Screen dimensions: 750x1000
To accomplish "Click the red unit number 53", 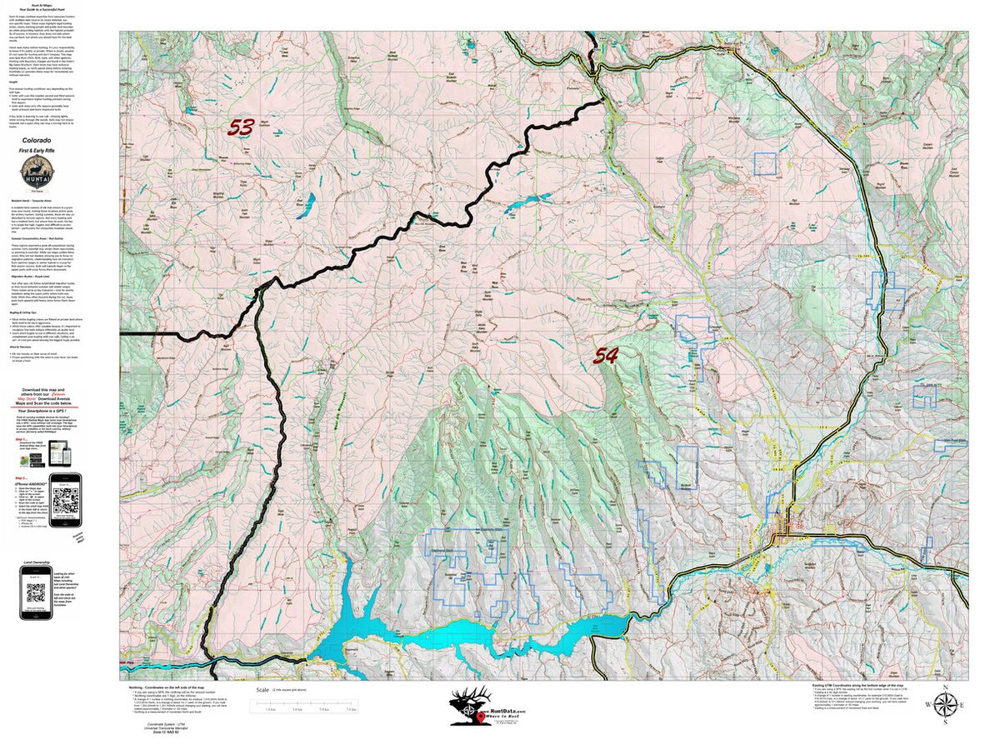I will point(241,127).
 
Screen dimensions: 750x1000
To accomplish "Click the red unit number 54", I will point(605,356).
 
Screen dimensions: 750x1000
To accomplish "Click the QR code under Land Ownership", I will point(35,593).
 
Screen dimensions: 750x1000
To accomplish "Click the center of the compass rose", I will point(944,706).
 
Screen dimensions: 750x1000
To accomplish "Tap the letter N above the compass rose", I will point(944,687).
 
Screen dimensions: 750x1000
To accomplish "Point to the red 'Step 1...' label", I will point(28,437).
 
